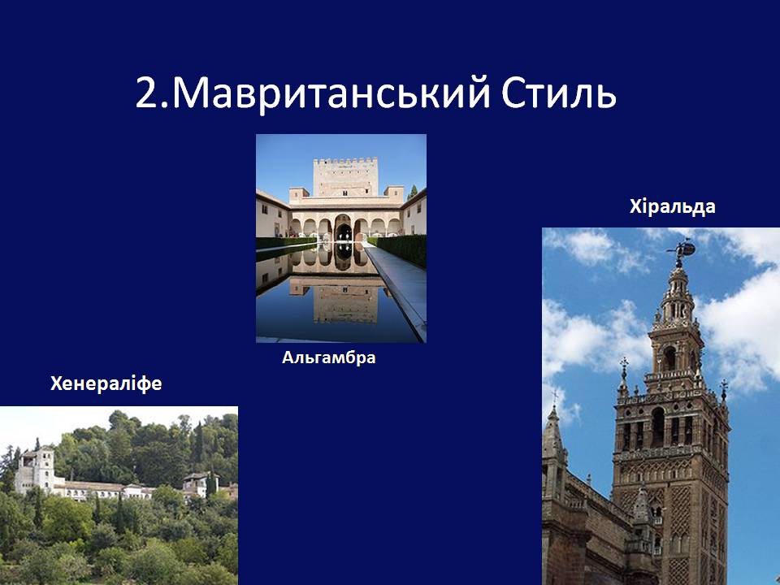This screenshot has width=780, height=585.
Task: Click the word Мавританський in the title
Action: pos(331,93)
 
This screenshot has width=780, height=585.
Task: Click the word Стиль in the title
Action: pos(559,92)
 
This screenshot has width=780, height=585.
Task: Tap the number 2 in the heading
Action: pos(148,93)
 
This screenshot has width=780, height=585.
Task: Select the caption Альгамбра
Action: pos(329,357)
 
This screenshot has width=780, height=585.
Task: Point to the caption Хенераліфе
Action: pos(106,383)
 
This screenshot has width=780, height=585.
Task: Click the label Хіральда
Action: pos(672,206)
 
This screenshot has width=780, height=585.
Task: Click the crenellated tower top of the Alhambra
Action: pos(345,176)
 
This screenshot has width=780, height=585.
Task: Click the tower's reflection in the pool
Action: pos(344,301)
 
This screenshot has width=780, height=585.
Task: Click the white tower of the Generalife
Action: pos(44,468)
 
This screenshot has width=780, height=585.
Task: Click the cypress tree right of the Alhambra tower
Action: pos(413,193)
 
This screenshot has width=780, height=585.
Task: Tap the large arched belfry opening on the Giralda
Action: pos(658,427)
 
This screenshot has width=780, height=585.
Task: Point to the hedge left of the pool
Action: pos(285,243)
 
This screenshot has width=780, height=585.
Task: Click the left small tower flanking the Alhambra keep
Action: pos(298,194)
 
